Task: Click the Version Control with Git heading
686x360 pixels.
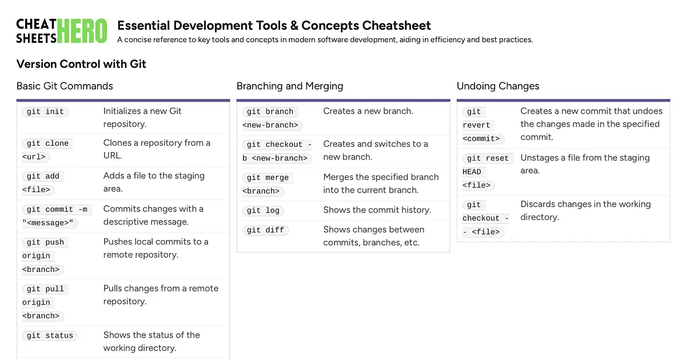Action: (81, 64)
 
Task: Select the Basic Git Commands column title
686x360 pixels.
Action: (65, 86)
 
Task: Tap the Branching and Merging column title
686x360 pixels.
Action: (290, 86)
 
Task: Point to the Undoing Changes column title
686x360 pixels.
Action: (498, 86)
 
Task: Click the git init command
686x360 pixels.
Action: (45, 111)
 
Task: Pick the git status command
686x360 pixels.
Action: (50, 335)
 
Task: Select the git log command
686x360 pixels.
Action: (263, 210)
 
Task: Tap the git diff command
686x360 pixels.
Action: (265, 230)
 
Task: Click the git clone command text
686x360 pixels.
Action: (47, 143)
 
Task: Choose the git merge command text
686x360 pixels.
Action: (268, 178)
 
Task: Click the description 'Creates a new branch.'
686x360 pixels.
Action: (368, 111)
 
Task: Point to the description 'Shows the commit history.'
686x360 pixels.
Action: (377, 210)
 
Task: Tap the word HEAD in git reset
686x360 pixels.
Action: (472, 171)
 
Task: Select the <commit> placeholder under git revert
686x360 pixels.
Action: (481, 138)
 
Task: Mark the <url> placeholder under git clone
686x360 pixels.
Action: (34, 157)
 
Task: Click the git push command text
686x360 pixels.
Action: (45, 242)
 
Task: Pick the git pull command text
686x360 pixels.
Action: (45, 289)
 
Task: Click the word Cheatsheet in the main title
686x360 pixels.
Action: (396, 26)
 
